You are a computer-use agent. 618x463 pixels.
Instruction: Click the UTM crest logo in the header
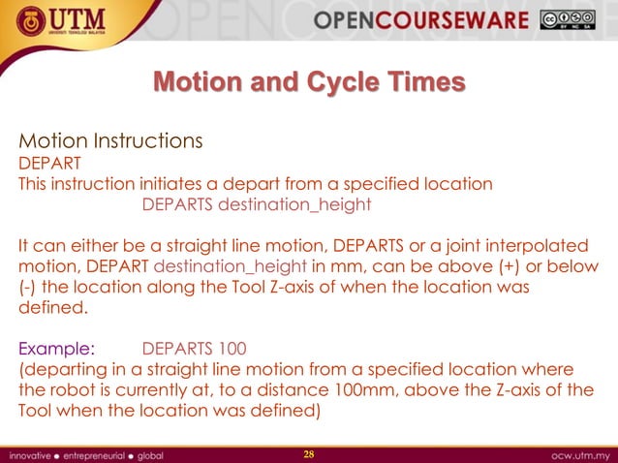21,21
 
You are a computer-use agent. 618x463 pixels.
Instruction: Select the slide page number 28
310,453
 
